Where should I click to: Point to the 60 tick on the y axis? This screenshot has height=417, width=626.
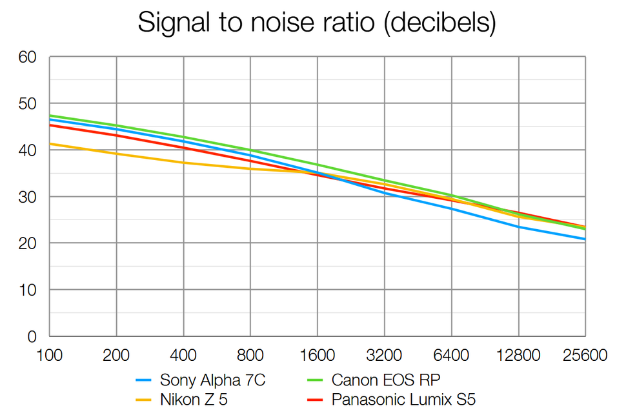(x=28, y=57)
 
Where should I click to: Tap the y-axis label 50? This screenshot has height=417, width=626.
(x=28, y=104)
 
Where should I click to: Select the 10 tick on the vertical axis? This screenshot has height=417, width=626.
(x=28, y=290)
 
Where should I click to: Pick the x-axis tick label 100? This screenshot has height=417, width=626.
(x=50, y=356)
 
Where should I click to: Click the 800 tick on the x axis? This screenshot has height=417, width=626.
(x=250, y=356)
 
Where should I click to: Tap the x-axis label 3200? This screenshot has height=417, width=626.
(x=384, y=356)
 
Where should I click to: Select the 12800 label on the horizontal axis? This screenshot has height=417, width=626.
(x=518, y=356)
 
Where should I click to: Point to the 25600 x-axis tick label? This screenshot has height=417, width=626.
(x=584, y=356)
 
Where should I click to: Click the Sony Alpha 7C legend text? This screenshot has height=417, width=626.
(x=213, y=380)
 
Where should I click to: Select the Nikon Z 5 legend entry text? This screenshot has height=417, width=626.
(x=194, y=400)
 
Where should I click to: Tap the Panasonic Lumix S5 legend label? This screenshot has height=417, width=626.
(x=403, y=400)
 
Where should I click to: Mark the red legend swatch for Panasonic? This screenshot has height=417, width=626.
(x=316, y=400)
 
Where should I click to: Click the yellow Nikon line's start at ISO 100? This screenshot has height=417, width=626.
(x=50, y=143)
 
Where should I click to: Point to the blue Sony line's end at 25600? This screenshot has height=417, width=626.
(x=585, y=239)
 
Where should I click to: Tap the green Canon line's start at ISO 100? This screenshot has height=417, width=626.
(x=50, y=116)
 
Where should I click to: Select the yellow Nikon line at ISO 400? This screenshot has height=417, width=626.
(x=183, y=162)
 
